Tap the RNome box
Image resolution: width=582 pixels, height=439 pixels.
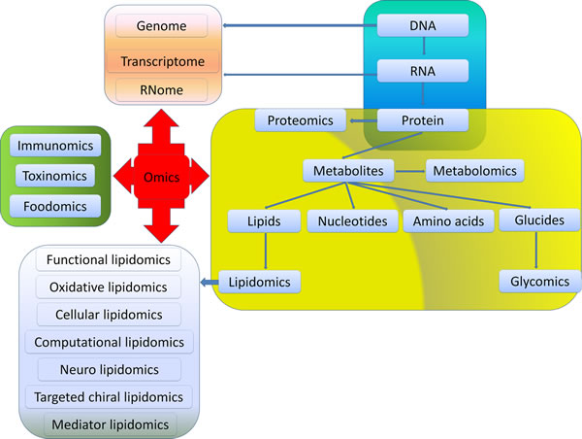pyautogui.click(x=161, y=90)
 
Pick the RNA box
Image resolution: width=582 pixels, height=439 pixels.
pyautogui.click(x=423, y=71)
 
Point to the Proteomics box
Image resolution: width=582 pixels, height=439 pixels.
pyautogui.click(x=302, y=120)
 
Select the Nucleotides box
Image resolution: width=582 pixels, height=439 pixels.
pyautogui.click(x=351, y=221)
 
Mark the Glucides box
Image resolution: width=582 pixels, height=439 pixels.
pyautogui.click(x=533, y=221)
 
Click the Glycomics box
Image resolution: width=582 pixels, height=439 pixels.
pyautogui.click(x=533, y=282)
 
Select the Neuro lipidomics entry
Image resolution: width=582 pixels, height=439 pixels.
pyautogui.click(x=108, y=369)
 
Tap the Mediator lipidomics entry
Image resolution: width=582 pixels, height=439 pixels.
pyautogui.click(x=108, y=423)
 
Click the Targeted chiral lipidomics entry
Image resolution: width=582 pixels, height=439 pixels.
pyautogui.click(x=108, y=396)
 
